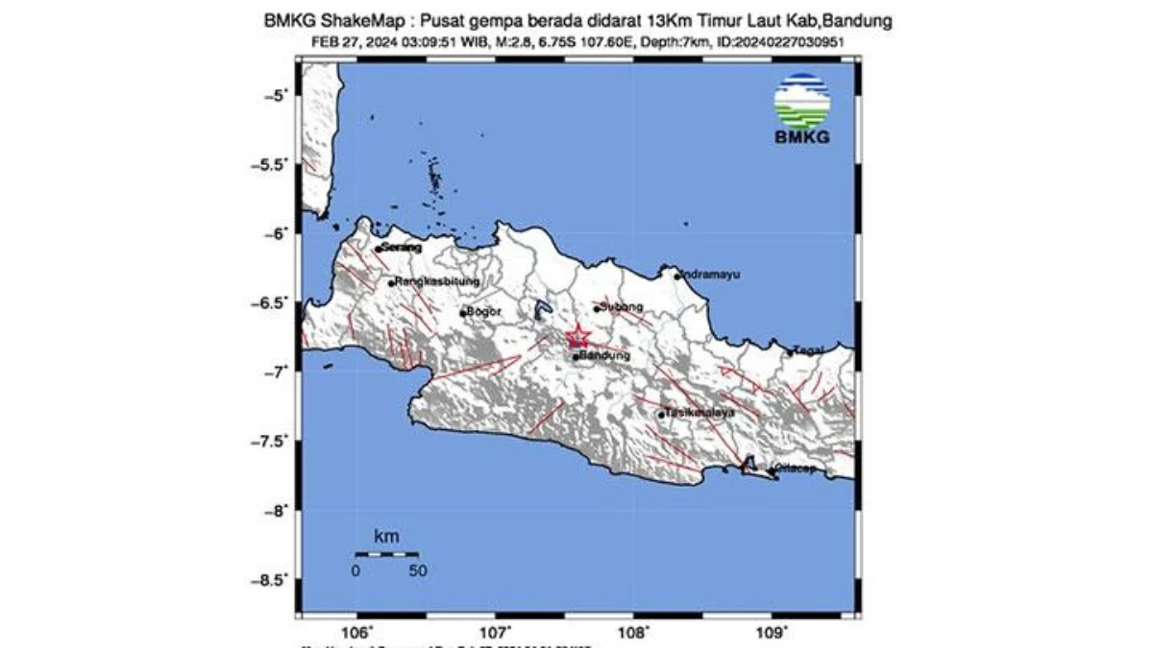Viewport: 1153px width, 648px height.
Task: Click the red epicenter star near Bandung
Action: pyautogui.click(x=577, y=337)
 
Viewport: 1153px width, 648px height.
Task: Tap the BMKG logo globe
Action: pyautogui.click(x=802, y=101)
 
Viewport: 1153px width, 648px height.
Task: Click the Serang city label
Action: pyautogui.click(x=401, y=248)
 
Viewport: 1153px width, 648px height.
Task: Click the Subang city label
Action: pyautogui.click(x=621, y=307)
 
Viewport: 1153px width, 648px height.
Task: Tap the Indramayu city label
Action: pyautogui.click(x=711, y=275)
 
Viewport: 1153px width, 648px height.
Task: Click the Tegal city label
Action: pyautogui.click(x=809, y=350)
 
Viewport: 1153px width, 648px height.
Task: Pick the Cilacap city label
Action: pyautogui.click(x=795, y=468)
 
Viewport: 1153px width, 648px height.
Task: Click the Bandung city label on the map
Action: pyautogui.click(x=605, y=356)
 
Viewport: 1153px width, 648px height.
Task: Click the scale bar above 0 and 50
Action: pyautogui.click(x=386, y=554)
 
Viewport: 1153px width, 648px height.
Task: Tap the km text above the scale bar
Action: pyautogui.click(x=386, y=537)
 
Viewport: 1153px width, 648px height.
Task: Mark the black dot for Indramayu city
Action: pyautogui.click(x=677, y=276)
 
